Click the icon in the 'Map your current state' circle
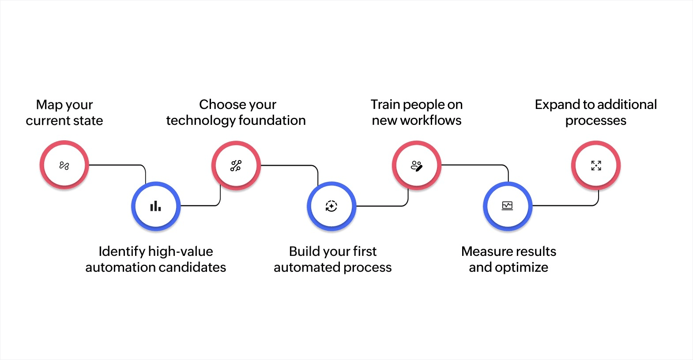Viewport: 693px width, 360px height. coord(64,166)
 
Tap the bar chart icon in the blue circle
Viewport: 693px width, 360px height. coord(155,206)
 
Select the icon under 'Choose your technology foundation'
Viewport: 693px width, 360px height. coord(236,166)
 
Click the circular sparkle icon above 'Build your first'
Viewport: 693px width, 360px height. coord(331,206)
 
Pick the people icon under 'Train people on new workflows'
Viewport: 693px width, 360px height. coord(416,166)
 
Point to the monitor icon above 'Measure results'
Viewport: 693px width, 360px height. coord(508,206)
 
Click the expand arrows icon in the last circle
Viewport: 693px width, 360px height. coord(596,165)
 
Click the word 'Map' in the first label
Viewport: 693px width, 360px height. coord(49,105)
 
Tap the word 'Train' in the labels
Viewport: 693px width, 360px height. coord(385,105)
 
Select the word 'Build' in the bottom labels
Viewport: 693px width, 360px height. coord(304,251)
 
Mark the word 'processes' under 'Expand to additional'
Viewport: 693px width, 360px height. coord(595,121)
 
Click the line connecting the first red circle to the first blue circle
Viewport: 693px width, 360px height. coord(117,165)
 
